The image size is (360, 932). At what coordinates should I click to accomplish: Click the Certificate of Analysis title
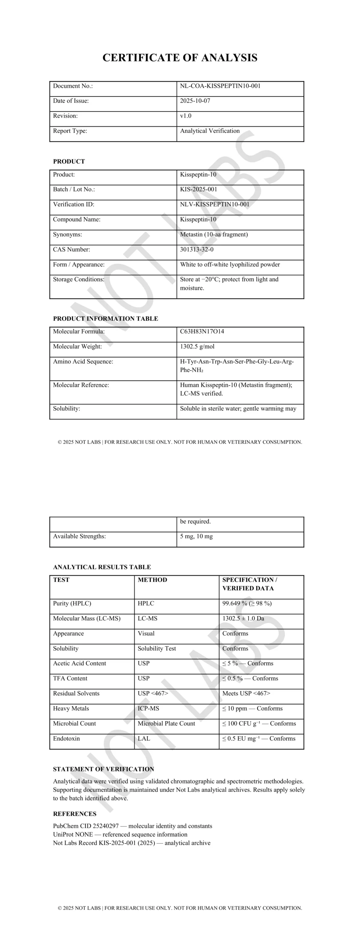coord(180,58)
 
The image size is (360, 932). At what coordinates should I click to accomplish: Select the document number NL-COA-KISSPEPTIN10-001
coord(220,86)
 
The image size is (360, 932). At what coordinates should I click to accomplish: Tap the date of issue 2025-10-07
coord(195,101)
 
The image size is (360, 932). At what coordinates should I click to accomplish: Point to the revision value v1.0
coord(186,116)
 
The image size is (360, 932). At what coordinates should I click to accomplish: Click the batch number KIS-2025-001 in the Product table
coord(198,189)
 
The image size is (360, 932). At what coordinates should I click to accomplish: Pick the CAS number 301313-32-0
coord(197,249)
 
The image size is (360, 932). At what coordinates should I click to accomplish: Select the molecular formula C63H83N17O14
coord(202,331)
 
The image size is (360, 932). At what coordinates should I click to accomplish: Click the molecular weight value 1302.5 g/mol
coord(197,347)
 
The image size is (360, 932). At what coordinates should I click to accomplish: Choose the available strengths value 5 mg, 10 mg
coord(197,536)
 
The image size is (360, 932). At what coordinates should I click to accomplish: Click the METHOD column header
coord(152,580)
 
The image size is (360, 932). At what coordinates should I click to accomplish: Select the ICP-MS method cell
coord(148,708)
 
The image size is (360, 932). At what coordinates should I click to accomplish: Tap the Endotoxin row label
coord(66,738)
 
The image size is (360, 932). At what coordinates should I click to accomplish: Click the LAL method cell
coord(144,738)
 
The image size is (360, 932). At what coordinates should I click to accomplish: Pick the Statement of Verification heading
coord(103,769)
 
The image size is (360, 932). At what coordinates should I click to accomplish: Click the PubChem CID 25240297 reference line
coord(132,826)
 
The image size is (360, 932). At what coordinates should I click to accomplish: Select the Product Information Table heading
coord(106,319)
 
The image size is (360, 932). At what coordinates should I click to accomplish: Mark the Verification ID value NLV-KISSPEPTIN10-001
coord(215,204)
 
